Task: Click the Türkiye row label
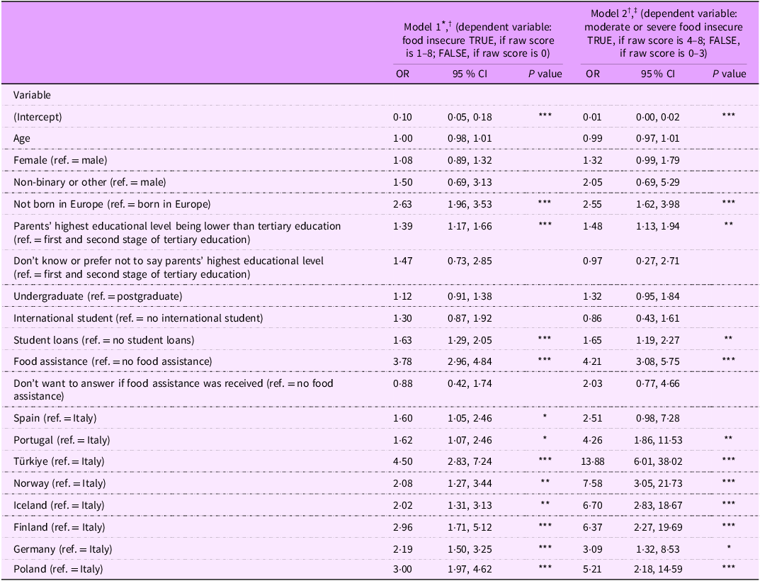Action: (59, 461)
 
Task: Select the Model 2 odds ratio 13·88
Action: (593, 461)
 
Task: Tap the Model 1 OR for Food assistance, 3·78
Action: (403, 361)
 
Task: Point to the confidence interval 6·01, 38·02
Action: (658, 461)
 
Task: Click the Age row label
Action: (22, 139)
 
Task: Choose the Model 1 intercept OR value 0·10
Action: (402, 117)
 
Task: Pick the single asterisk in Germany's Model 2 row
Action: (729, 548)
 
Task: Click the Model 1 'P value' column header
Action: (545, 74)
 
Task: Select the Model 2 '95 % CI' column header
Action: (658, 74)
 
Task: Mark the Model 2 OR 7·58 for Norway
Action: (593, 483)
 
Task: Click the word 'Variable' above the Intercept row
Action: (32, 95)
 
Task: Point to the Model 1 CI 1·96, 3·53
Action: (470, 204)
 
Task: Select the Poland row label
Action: (58, 569)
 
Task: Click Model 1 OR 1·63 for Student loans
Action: (402, 340)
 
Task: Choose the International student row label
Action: (138, 318)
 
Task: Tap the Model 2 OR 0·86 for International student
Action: (593, 318)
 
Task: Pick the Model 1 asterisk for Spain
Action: (545, 416)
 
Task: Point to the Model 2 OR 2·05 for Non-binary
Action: (593, 182)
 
